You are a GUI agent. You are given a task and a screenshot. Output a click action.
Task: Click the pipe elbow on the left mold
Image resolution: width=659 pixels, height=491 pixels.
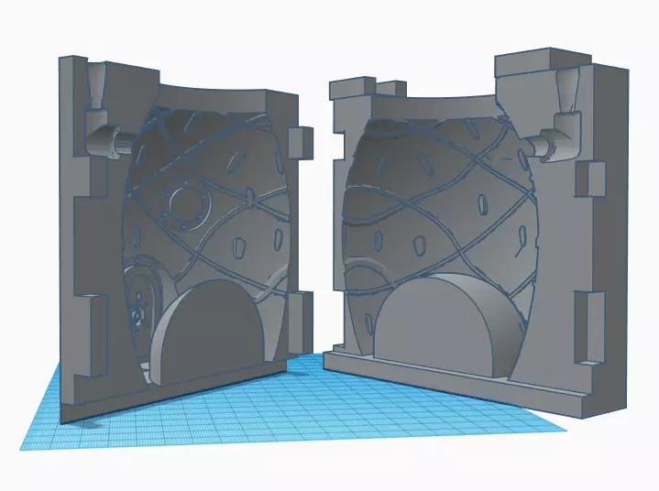click(106, 142)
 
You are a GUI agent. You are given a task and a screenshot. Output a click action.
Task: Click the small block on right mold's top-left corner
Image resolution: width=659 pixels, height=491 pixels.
click(349, 89)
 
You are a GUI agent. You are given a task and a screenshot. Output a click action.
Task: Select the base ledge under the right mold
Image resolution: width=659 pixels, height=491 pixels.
click(458, 385)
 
